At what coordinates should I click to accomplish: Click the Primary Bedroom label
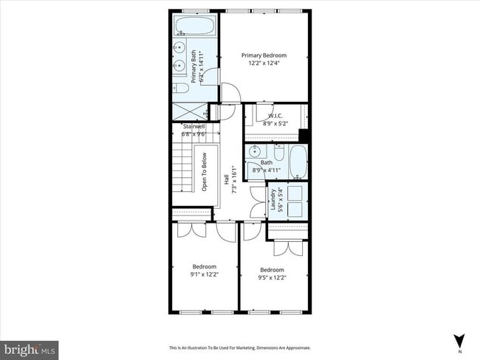pos(264,55)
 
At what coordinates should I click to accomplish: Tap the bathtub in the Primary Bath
pos(194,27)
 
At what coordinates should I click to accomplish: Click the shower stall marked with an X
pos(189,112)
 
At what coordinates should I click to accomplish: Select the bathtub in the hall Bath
pos(298,162)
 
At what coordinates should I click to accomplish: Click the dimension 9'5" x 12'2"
pos(272,278)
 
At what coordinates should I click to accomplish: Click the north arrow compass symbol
pos(459,341)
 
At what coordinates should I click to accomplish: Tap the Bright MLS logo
pos(30,348)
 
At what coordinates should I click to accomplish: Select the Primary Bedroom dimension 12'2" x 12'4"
pos(264,63)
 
